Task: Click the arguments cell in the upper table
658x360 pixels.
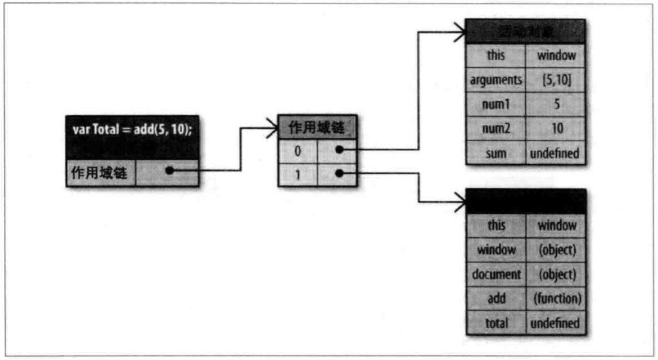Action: click(x=496, y=80)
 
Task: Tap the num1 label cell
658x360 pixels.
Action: click(x=496, y=105)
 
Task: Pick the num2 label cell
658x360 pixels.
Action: click(x=496, y=129)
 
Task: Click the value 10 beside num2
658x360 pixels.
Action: click(x=556, y=129)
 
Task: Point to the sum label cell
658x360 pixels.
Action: click(x=496, y=153)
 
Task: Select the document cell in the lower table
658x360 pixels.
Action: click(x=496, y=274)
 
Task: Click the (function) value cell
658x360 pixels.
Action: click(x=557, y=299)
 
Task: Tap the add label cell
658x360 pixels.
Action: click(x=496, y=299)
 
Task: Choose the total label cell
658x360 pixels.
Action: click(x=496, y=323)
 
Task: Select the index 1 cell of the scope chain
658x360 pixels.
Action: click(x=298, y=174)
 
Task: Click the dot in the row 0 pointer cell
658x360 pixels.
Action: click(x=339, y=150)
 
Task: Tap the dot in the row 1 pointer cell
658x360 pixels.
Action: click(x=339, y=174)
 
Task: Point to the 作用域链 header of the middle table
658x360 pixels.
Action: click(x=318, y=128)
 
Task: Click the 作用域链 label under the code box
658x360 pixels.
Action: click(x=101, y=173)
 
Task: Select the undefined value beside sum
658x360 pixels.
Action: click(x=556, y=153)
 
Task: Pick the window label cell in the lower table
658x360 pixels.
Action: click(x=496, y=250)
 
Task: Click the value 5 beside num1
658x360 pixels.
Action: click(x=556, y=105)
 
